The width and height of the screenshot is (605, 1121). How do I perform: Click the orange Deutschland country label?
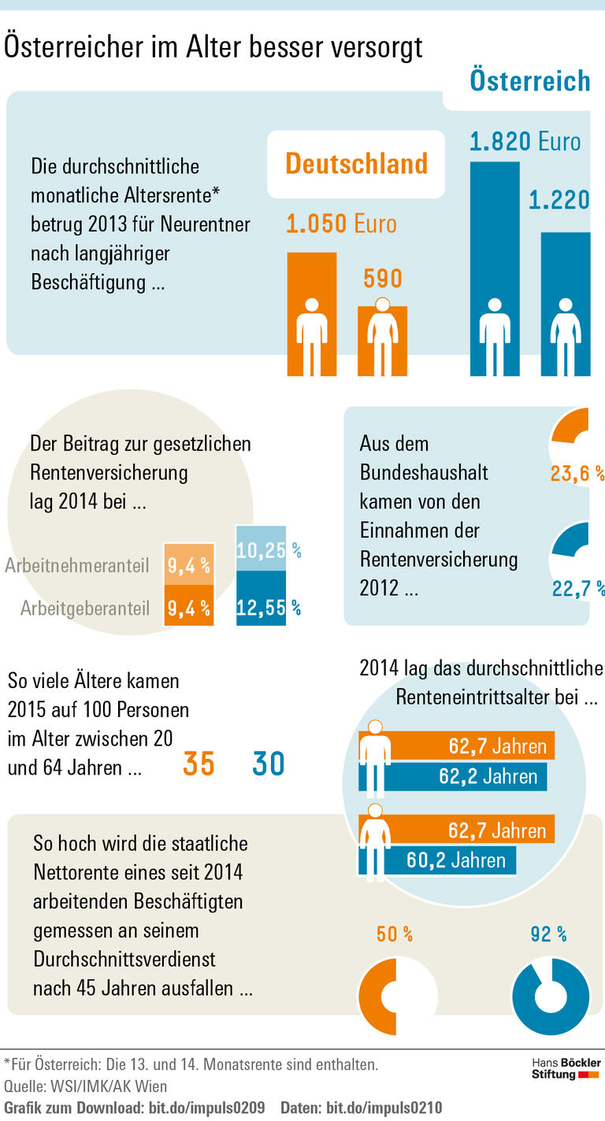356,164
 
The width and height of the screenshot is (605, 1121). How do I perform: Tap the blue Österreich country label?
529,80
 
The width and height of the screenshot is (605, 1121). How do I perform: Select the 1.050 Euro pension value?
341,224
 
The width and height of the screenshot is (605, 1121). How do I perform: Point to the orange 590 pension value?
383,279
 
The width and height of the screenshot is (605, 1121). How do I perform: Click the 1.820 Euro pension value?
525,142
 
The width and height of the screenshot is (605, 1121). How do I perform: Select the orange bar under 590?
383,342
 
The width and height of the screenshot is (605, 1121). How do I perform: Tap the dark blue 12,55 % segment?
262,607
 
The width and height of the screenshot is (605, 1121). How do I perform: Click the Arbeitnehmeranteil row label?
77,566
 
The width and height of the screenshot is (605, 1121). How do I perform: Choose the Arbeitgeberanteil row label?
85,609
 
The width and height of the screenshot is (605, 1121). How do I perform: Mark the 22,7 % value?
577,588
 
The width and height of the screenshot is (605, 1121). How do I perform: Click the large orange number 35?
199,764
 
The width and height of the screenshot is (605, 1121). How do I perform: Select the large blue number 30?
268,764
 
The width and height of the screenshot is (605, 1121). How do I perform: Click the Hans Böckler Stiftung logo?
566,1069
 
